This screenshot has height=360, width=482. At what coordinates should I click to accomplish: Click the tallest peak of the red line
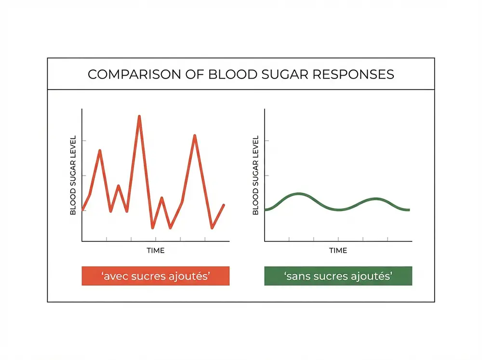click(x=139, y=117)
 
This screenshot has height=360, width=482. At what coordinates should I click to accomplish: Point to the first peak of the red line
click(x=100, y=151)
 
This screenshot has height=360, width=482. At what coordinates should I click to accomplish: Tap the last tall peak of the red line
click(x=195, y=136)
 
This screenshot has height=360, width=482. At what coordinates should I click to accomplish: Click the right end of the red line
click(x=224, y=205)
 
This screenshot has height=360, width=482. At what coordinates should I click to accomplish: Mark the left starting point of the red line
click(x=83, y=210)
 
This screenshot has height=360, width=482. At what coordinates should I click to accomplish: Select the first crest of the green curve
click(x=299, y=194)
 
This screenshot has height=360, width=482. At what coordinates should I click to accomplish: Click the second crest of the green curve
click(x=376, y=199)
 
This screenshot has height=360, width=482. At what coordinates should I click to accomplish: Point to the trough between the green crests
click(x=339, y=210)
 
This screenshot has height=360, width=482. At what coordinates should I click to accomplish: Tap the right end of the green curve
click(x=409, y=210)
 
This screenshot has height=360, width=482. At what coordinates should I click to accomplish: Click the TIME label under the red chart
click(x=155, y=251)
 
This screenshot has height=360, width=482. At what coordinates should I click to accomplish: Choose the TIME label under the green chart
click(x=338, y=251)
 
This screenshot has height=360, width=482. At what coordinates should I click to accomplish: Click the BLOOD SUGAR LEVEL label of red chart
click(x=73, y=175)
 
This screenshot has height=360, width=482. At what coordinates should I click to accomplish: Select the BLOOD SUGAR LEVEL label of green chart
click(x=255, y=175)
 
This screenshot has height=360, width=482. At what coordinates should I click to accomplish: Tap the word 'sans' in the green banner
click(x=296, y=277)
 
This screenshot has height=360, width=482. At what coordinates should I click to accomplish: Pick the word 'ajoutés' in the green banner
click(x=371, y=277)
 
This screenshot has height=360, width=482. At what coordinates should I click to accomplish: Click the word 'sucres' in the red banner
click(x=148, y=277)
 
